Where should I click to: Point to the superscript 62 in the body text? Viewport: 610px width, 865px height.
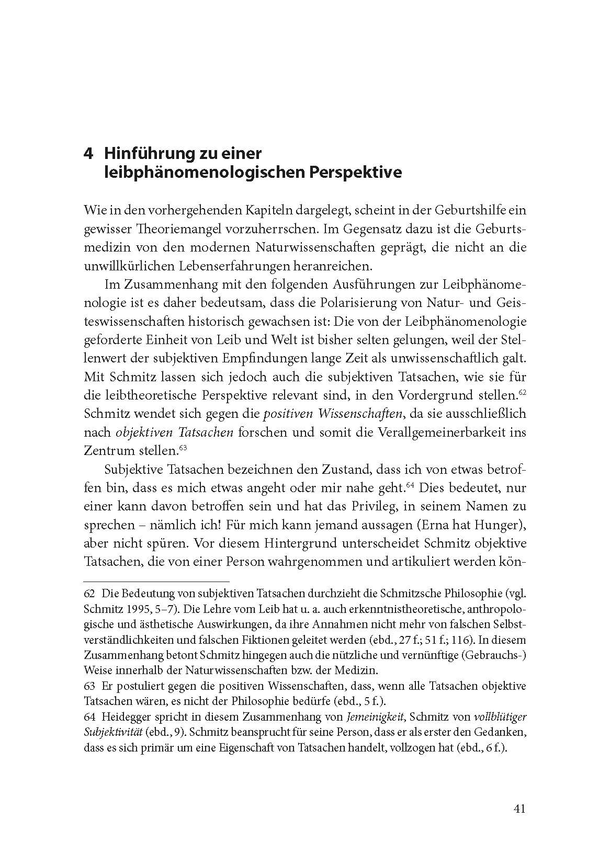click(523, 392)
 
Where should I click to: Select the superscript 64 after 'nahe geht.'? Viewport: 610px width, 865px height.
click(411, 485)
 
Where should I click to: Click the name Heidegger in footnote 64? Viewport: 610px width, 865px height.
click(125, 716)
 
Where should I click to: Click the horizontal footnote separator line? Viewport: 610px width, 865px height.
click(156, 581)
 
